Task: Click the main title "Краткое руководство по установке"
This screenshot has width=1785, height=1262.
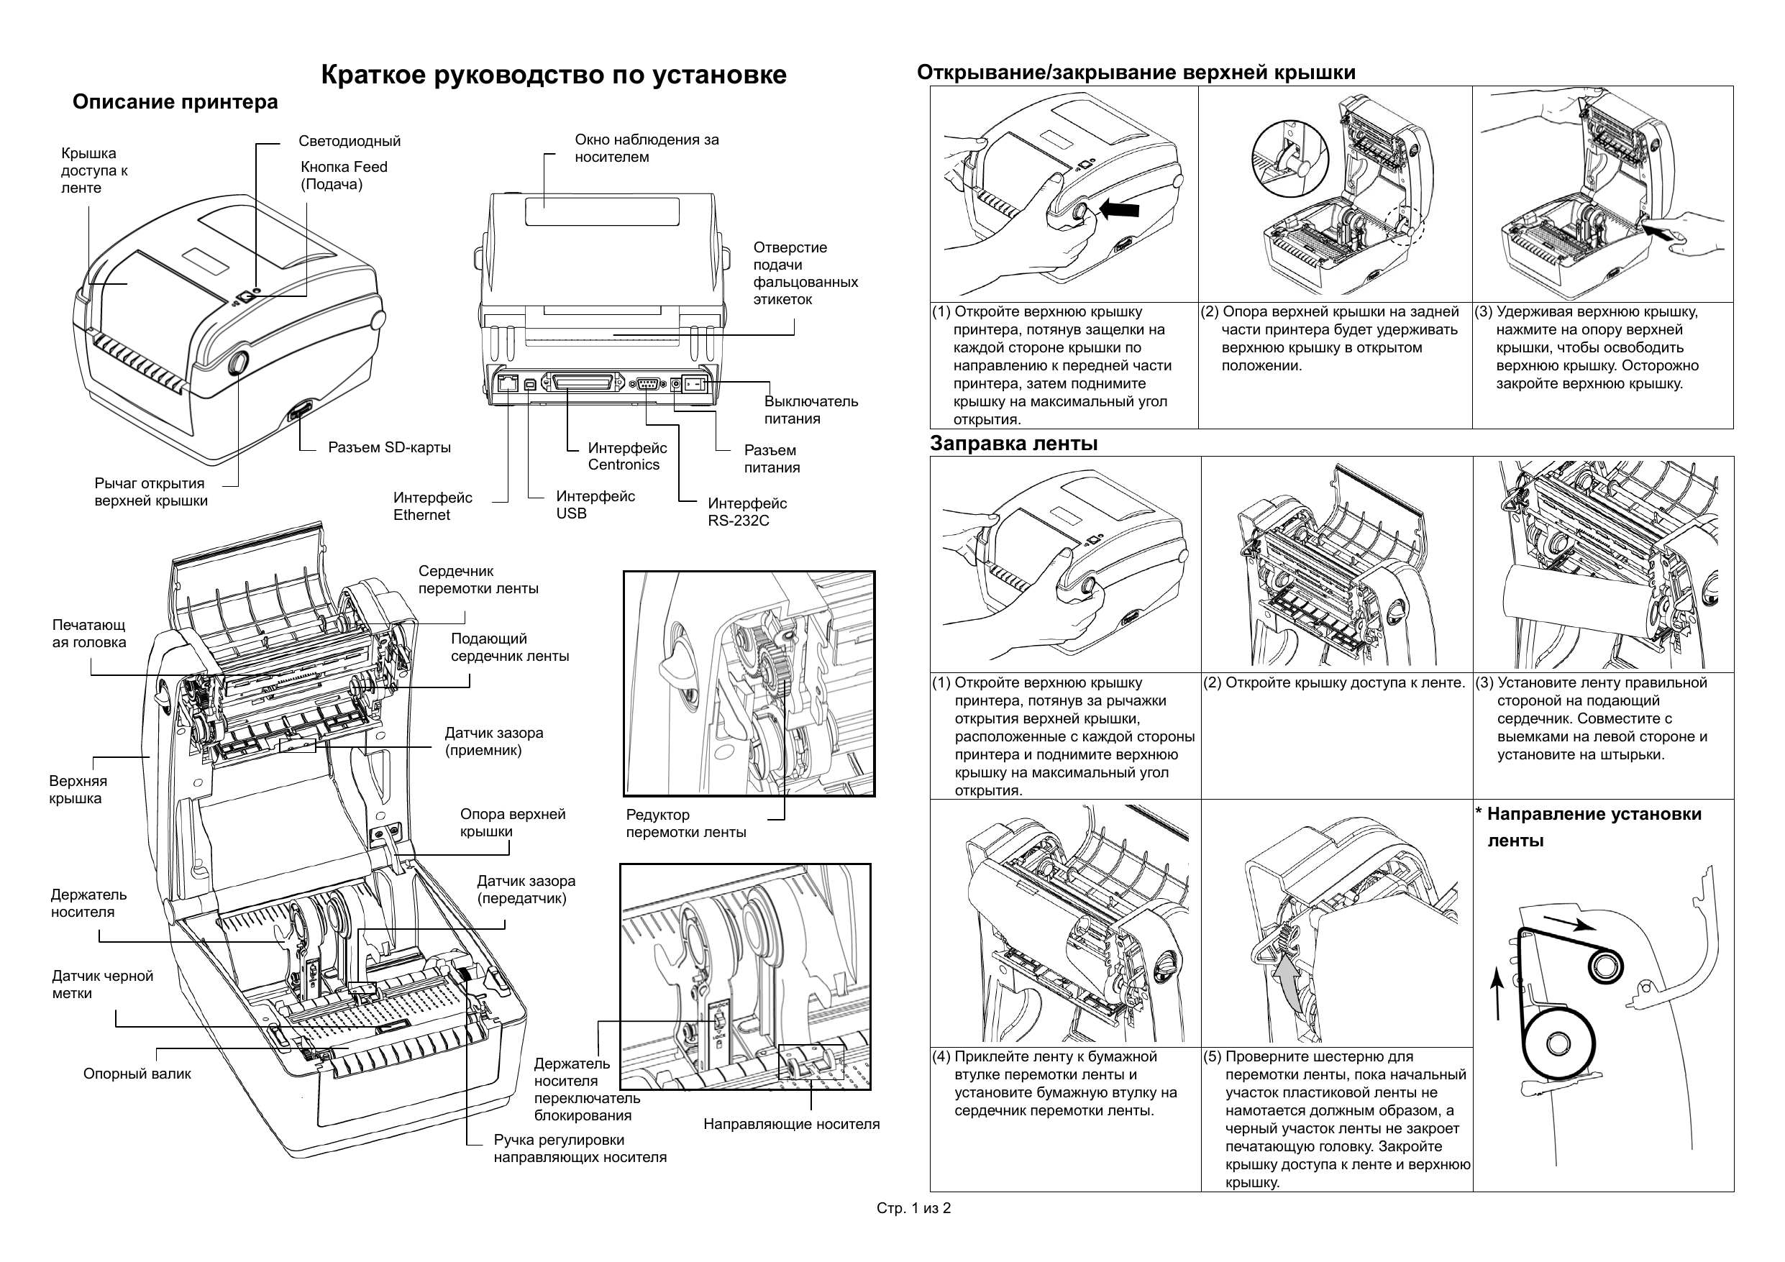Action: tap(554, 75)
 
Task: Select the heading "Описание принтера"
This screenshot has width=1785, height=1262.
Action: tap(175, 103)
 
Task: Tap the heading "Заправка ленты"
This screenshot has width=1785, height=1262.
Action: tap(1014, 444)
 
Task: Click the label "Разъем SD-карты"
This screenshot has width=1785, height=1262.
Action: tap(390, 448)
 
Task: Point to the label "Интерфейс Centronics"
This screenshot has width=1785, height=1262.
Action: tap(627, 457)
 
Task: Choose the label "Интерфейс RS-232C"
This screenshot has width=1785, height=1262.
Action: tap(747, 513)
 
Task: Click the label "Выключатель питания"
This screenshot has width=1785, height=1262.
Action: tap(811, 410)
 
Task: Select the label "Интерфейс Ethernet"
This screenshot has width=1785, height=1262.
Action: tap(432, 506)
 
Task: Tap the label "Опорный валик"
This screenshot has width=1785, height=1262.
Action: tap(137, 1074)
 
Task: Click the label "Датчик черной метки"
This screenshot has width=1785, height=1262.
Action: tap(103, 984)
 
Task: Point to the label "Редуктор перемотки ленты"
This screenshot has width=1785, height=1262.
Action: tap(685, 823)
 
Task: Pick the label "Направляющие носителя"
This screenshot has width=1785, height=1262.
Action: tap(791, 1125)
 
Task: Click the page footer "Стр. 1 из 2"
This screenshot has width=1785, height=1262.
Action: tap(913, 1208)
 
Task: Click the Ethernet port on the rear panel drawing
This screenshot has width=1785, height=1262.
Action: tap(508, 383)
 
